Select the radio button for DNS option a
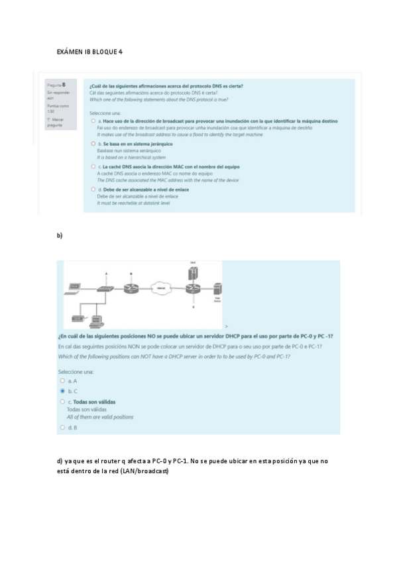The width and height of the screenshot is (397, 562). [93, 122]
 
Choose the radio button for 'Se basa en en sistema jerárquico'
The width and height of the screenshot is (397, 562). [93, 144]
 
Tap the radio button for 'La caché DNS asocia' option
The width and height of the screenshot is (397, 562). [93, 166]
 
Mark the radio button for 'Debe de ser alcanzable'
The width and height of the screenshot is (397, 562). [93, 190]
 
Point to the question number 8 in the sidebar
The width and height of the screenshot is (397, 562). [63, 85]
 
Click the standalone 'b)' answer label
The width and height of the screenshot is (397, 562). [60, 235]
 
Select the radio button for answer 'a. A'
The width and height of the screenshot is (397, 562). [62, 381]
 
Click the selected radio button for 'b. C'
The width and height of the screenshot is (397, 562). [62, 391]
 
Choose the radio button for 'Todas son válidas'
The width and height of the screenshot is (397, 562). [62, 402]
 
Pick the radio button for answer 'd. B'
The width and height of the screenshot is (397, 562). [62, 427]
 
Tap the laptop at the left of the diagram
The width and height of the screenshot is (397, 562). [74, 289]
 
